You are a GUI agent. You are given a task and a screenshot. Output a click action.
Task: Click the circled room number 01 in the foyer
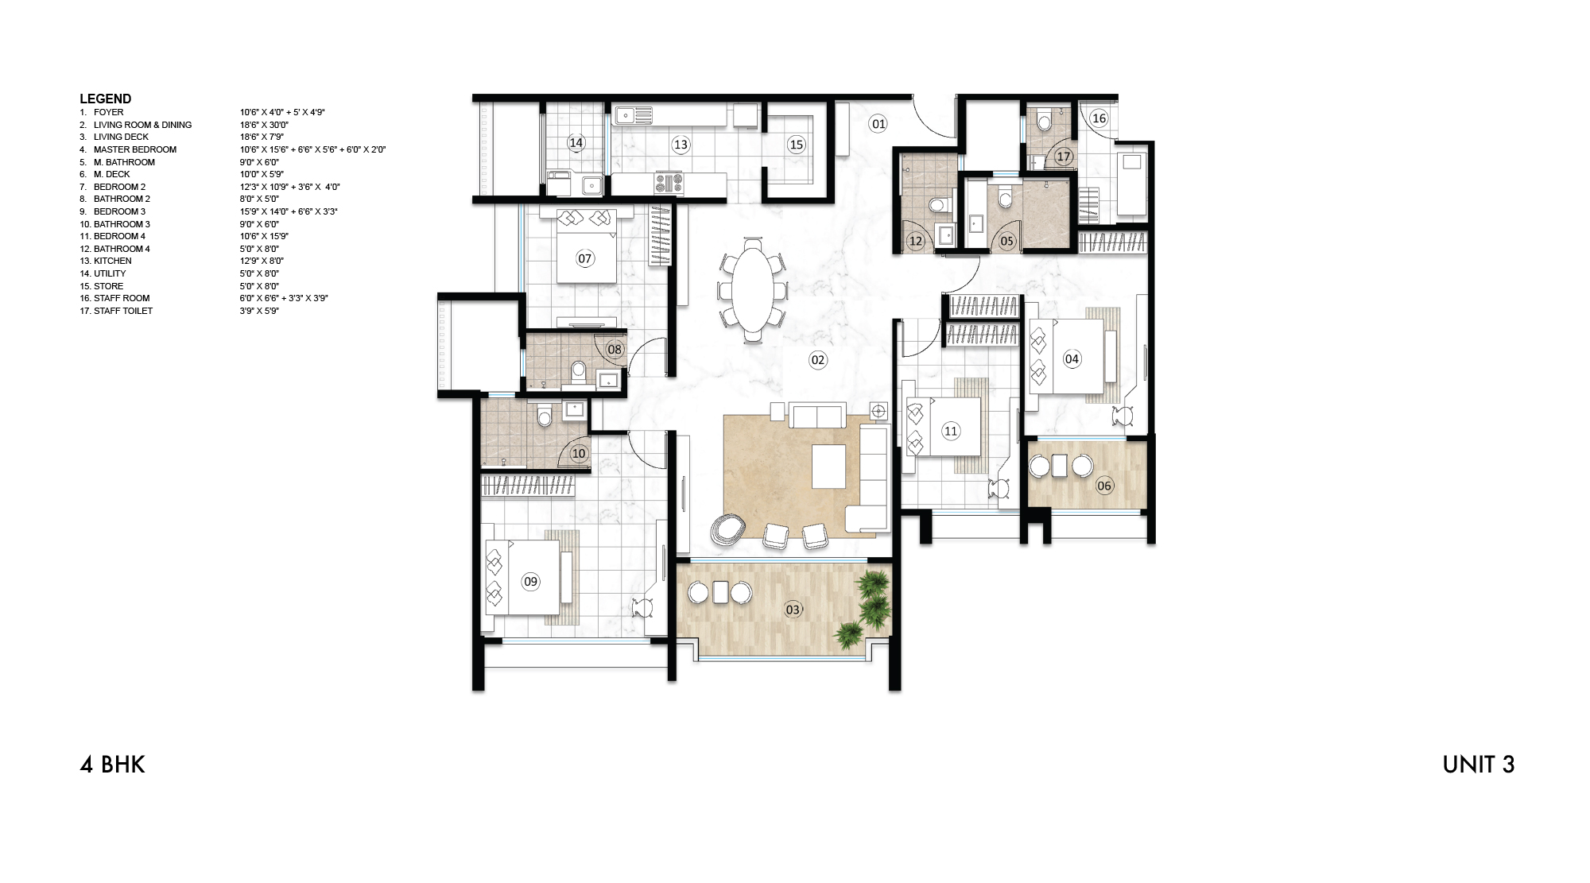pyautogui.click(x=878, y=124)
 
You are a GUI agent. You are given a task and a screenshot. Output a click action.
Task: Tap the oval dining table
pyautogui.click(x=753, y=288)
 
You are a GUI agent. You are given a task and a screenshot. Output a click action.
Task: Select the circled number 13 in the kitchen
pyautogui.click(x=681, y=145)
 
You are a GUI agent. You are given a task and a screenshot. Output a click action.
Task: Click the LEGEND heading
pyautogui.click(x=105, y=99)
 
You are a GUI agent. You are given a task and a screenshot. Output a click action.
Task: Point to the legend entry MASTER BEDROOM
pyautogui.click(x=134, y=149)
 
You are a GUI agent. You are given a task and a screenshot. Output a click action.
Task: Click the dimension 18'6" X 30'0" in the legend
pyautogui.click(x=264, y=125)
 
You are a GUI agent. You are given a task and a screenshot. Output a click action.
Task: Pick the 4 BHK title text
pyautogui.click(x=112, y=765)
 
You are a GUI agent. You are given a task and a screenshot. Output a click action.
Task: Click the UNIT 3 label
pyautogui.click(x=1478, y=765)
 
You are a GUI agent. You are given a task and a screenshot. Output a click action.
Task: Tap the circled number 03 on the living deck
pyautogui.click(x=793, y=610)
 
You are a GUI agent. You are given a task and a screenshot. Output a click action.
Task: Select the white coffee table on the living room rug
pyautogui.click(x=828, y=466)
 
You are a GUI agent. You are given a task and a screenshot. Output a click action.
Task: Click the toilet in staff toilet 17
pyautogui.click(x=1045, y=121)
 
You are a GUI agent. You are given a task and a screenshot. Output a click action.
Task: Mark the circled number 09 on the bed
pyautogui.click(x=530, y=582)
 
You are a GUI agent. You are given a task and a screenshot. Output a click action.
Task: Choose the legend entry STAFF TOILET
pyautogui.click(x=122, y=311)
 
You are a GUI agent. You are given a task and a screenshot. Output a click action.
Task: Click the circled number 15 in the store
pyautogui.click(x=796, y=145)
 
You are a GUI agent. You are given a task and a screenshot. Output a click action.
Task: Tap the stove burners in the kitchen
pyautogui.click(x=669, y=183)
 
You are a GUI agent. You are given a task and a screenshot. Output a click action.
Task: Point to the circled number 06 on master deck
pyautogui.click(x=1103, y=486)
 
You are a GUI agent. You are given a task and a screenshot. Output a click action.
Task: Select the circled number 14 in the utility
pyautogui.click(x=576, y=143)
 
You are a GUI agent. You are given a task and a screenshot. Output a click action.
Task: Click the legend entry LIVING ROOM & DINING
pyautogui.click(x=142, y=125)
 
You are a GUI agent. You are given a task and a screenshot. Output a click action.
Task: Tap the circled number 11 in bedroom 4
pyautogui.click(x=951, y=432)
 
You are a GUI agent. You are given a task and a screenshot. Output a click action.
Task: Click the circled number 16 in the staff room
pyautogui.click(x=1099, y=118)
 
